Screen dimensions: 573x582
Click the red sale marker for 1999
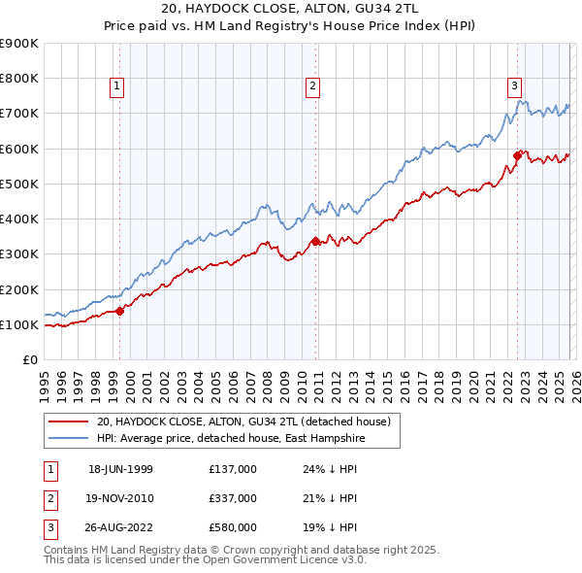tap(120, 311)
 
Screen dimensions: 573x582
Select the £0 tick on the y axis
tap(29, 360)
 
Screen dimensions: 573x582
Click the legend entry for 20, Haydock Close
tap(242, 421)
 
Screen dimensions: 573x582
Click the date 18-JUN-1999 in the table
tap(120, 469)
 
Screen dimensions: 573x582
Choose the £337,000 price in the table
tap(233, 498)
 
